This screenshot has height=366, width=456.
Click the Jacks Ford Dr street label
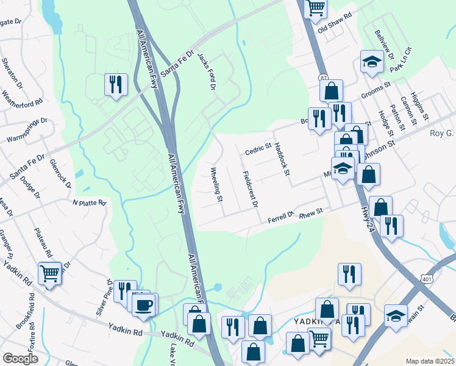point(207,73)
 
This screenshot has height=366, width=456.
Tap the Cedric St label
point(258,149)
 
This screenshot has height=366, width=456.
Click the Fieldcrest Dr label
point(250,189)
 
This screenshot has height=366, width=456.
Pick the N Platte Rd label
point(90,202)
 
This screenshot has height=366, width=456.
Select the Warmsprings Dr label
point(26,131)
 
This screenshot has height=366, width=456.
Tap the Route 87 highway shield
point(323,79)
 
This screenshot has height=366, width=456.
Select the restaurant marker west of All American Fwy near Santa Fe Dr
point(116,84)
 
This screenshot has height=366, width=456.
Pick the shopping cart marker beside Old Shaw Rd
point(316,8)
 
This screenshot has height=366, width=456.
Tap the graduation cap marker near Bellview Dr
point(371,62)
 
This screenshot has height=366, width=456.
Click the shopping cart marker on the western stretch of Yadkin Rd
point(49,273)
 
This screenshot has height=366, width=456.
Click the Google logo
point(20,359)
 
